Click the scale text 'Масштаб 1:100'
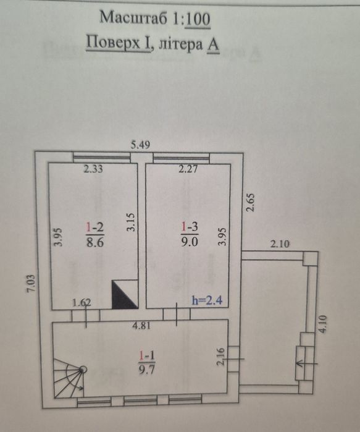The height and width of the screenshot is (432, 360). pyautogui.click(x=155, y=18)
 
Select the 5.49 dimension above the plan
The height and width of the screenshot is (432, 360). pyautogui.click(x=140, y=145)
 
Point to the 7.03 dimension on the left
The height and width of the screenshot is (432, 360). pyautogui.click(x=31, y=283)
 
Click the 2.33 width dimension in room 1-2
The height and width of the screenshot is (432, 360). pyautogui.click(x=93, y=169)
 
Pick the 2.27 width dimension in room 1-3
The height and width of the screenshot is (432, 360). pyautogui.click(x=188, y=169)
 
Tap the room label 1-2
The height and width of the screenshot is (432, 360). pyautogui.click(x=94, y=227)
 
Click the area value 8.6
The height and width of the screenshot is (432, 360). pyautogui.click(x=95, y=242)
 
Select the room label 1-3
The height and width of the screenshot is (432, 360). pyautogui.click(x=190, y=227)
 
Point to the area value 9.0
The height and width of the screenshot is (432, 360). pyautogui.click(x=190, y=242)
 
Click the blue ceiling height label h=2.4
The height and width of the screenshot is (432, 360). pyautogui.click(x=207, y=300)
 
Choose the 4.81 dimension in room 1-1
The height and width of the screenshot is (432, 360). pyautogui.click(x=141, y=326)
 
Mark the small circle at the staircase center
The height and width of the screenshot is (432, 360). pyautogui.click(x=83, y=370)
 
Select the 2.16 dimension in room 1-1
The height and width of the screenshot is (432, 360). pyautogui.click(x=221, y=356)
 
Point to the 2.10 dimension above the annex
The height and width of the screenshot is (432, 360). pyautogui.click(x=280, y=244)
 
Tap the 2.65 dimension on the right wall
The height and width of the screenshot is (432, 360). pyautogui.click(x=250, y=203)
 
